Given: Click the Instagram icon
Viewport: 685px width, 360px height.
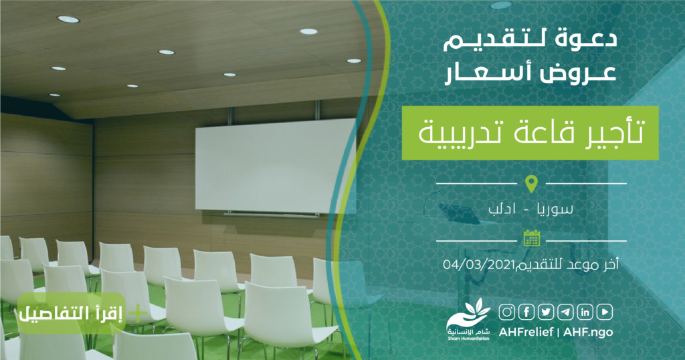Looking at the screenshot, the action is pos(507,312).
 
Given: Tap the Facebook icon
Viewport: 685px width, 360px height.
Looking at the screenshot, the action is pos(526,312).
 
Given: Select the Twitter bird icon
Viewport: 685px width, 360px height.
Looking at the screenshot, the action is pos(546,312).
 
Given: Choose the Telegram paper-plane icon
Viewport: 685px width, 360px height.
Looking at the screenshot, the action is pos(566,312).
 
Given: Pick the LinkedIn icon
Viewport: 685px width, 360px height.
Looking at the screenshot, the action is pos(585,312).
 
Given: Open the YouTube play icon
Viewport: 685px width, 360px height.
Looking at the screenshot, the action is pos(605,312).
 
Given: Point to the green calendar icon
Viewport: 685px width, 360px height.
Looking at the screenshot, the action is pos(532,238).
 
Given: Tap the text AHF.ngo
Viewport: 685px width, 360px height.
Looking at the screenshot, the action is pos(588,332).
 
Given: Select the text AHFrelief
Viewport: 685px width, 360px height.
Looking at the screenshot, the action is pos(526,332).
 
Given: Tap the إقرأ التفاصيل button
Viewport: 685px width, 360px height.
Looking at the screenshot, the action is pos(72,314).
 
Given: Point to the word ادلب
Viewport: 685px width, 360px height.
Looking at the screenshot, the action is pos(502,209).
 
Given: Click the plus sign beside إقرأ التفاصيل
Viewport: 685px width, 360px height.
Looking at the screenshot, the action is pos(138,314).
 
